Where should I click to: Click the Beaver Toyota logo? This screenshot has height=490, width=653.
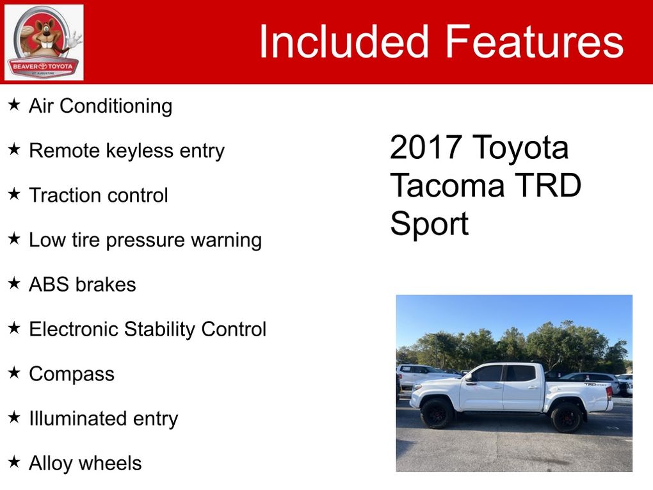click(x=44, y=42)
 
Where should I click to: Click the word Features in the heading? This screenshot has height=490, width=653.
click(x=535, y=41)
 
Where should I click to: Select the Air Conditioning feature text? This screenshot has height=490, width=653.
click(x=101, y=106)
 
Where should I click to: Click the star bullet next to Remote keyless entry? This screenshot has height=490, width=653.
click(x=14, y=149)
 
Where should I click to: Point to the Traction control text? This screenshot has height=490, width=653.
click(x=99, y=195)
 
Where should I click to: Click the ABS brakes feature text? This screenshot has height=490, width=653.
click(x=83, y=284)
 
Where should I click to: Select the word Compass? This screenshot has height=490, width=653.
click(x=72, y=374)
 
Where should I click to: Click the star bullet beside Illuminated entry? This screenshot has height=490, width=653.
click(x=14, y=417)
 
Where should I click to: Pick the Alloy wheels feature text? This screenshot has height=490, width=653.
click(x=85, y=463)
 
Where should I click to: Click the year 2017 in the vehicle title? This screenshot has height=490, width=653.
click(x=426, y=147)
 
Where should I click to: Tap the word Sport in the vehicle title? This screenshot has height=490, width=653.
click(x=430, y=224)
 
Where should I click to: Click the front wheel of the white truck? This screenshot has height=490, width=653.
click(x=437, y=412)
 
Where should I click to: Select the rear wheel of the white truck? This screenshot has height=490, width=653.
click(x=566, y=417)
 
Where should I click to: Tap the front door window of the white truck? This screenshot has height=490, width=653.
click(x=487, y=373)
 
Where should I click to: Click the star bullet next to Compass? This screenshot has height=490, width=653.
click(x=14, y=373)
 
